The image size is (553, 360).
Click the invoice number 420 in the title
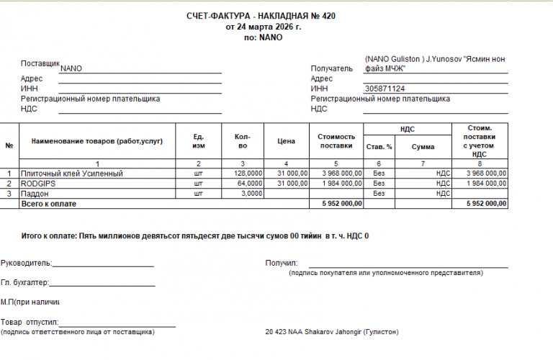pos(328,15)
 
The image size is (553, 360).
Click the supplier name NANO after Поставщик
pos(71,68)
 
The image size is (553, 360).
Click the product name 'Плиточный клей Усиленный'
pos(73,174)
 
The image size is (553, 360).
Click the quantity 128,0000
pos(248,174)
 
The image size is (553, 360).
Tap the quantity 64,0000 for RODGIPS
pos(251,184)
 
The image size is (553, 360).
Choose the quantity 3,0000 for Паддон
pos(252,194)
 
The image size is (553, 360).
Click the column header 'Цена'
pos(287,141)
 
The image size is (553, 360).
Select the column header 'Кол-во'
pos(243,141)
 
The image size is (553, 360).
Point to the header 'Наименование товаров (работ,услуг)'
pos(97,141)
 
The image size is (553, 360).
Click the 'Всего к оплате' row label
pos(49,204)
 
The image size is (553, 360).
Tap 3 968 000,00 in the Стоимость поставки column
pos(338,174)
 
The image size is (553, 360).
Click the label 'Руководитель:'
pos(26,263)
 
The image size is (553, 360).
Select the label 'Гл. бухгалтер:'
pos(25,282)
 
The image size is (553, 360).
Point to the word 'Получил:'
pos(281,263)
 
